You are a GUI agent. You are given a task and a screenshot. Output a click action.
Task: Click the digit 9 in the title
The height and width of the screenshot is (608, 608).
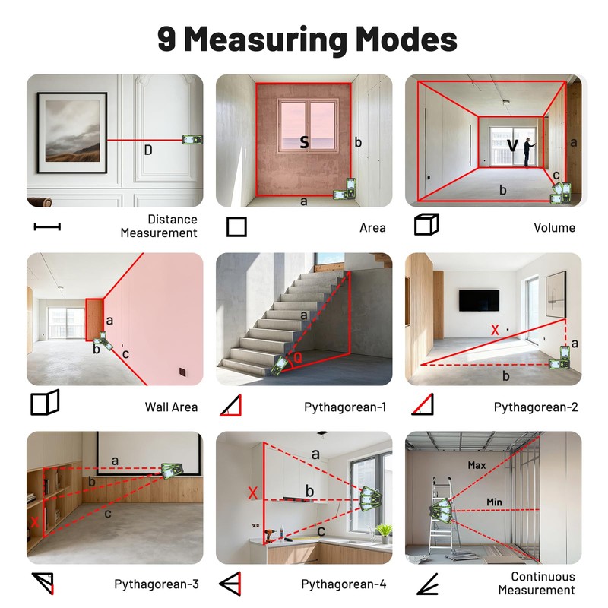point(166,40)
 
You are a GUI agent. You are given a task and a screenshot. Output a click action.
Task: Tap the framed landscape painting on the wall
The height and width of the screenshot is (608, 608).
point(72,132)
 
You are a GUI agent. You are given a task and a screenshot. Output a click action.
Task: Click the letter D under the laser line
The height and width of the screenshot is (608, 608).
point(148,150)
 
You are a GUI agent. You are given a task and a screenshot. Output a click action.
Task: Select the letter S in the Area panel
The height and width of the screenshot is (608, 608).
point(305,142)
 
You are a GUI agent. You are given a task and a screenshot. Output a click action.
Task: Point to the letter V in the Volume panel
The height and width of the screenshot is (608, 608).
point(512,145)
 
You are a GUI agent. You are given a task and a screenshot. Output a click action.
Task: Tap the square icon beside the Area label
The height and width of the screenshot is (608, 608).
point(236,226)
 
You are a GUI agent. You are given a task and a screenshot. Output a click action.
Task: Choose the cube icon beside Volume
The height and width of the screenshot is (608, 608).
point(426,224)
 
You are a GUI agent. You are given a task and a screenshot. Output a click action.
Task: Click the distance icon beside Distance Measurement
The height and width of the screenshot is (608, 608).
point(47,226)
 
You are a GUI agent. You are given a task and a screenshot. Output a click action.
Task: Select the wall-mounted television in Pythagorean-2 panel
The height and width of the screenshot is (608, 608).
point(479,300)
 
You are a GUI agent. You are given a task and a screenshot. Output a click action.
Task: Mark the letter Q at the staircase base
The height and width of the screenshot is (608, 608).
point(298,357)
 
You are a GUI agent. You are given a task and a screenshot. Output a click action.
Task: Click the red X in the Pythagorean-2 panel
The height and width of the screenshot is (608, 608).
point(495,330)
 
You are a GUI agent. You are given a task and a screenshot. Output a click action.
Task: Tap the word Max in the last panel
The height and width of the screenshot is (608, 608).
point(477,465)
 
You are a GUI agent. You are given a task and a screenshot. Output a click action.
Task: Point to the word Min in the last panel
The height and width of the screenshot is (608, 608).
point(494,502)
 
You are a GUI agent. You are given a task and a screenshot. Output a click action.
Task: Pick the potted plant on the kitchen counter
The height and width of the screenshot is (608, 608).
point(385,534)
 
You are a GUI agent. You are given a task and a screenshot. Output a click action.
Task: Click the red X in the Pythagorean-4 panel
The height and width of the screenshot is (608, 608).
point(253,493)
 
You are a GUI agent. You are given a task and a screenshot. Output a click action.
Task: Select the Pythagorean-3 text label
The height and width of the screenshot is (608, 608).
point(157,584)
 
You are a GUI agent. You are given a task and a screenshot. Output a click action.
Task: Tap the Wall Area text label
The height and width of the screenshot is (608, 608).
point(171,407)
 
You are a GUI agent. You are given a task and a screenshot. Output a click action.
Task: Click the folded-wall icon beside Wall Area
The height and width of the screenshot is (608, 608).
point(45,403)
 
